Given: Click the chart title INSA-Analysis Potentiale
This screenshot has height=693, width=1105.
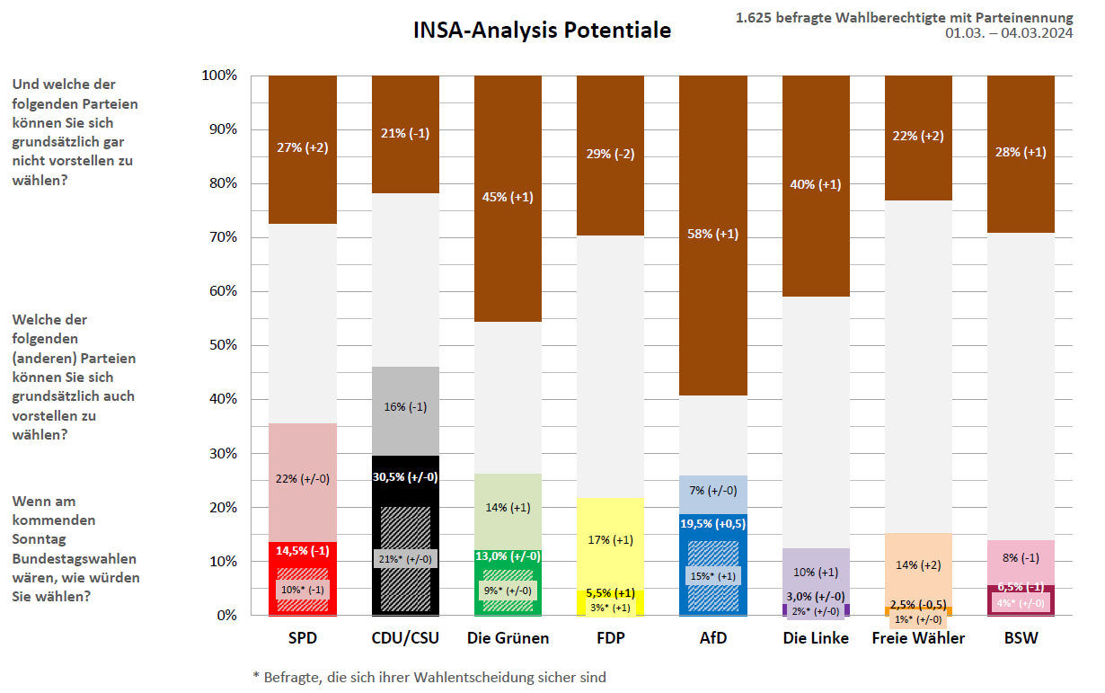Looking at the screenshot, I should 542,31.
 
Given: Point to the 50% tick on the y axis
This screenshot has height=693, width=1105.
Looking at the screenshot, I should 220,345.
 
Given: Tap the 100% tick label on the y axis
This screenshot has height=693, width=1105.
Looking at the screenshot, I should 218,76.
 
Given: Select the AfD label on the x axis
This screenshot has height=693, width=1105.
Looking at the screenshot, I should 712,638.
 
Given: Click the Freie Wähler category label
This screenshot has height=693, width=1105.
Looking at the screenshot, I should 918,638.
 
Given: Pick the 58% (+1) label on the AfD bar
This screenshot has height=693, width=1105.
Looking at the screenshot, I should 712,234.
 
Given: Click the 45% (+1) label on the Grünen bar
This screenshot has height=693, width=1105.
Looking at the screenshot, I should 508,197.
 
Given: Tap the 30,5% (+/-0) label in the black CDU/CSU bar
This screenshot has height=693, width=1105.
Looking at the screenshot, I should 405,477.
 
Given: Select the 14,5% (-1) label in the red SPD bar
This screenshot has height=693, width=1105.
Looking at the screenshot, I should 302,551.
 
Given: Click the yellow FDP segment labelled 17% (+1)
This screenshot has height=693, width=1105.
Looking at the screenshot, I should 610,540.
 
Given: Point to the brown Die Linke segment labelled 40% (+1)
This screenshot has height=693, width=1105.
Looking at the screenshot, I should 815,184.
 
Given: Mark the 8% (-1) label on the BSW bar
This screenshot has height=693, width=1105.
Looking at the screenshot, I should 1021,556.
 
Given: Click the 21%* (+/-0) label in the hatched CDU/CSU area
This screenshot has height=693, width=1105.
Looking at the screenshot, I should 405,558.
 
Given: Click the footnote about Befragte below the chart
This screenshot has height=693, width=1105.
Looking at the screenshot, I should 429,677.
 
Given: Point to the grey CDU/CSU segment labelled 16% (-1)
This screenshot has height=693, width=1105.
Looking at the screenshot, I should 405,406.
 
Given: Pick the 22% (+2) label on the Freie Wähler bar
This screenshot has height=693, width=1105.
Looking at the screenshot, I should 918,136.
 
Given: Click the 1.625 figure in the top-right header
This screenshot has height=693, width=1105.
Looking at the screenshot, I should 755,17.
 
